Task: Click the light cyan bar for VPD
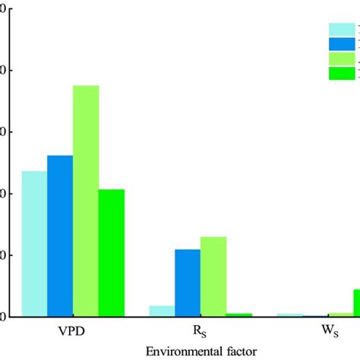(34, 243)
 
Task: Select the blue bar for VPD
(60, 235)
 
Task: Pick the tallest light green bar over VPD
(86, 201)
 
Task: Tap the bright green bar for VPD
(112, 252)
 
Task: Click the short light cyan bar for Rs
(162, 311)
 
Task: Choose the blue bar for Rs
(188, 283)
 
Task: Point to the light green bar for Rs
(213, 276)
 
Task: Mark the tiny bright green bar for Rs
(239, 314)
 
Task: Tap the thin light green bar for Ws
(340, 314)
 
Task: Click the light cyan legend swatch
(340, 30)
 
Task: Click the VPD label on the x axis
(73, 332)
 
